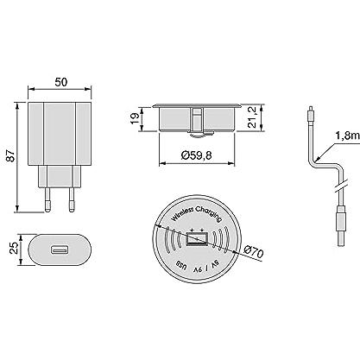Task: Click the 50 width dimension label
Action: [61, 82]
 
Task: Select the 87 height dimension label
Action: [11, 155]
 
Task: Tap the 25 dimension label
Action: [14, 247]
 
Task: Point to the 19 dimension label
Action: [135, 118]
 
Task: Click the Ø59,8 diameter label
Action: [197, 155]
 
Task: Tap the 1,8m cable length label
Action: [347, 136]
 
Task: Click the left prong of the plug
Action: [48, 199]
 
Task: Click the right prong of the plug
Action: [72, 199]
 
